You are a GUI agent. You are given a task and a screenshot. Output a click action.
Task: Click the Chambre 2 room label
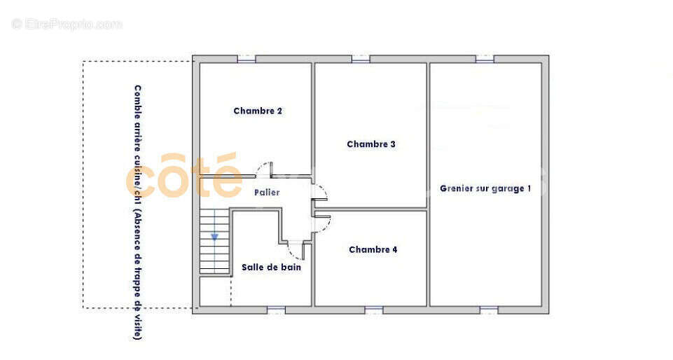coord(258,111)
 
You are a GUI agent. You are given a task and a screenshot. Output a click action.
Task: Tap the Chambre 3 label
coord(371,144)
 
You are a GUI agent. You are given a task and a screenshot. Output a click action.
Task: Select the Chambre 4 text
coord(373,249)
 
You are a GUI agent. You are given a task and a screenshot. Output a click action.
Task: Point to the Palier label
coord(267,192)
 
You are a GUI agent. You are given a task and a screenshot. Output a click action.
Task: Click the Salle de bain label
coord(271,267)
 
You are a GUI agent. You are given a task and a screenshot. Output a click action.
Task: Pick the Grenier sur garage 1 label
coord(485,188)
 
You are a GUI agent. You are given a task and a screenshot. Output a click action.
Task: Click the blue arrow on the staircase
coord(214,237)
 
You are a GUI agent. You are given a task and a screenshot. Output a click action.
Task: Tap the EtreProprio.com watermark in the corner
coord(67,24)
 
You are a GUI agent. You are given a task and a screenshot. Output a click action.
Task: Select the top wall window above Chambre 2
coord(247,59)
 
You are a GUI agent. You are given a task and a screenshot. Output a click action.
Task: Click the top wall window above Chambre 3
coord(361,59)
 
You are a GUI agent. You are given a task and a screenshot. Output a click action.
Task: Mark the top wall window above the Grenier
coord(485,59)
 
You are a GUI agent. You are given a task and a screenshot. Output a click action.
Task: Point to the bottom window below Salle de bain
coord(276,310)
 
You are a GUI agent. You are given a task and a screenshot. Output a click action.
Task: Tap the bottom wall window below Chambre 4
coord(374,310)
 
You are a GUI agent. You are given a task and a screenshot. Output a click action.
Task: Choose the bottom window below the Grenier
coord(489,310)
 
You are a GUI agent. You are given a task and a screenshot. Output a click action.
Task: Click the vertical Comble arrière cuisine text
coord(137,212)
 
